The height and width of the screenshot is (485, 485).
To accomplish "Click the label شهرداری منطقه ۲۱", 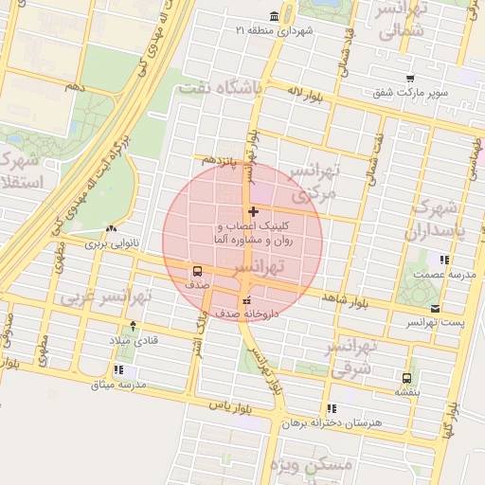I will (281, 31).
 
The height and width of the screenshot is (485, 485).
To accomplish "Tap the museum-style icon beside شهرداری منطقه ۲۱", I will (274, 16).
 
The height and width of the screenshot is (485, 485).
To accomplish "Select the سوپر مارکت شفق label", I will (409, 94).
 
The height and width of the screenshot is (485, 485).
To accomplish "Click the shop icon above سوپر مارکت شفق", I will (409, 79).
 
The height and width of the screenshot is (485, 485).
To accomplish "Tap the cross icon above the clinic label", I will (252, 210).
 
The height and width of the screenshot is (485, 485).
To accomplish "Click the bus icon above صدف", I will (195, 269).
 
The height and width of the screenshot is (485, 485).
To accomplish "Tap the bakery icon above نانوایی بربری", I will (113, 228).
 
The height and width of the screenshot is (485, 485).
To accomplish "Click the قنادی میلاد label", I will (138, 339).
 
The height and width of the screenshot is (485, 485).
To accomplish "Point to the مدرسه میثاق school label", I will (118, 385).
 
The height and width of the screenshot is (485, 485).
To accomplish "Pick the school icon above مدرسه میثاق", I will (118, 369).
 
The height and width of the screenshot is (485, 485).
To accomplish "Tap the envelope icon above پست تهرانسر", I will (435, 309).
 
